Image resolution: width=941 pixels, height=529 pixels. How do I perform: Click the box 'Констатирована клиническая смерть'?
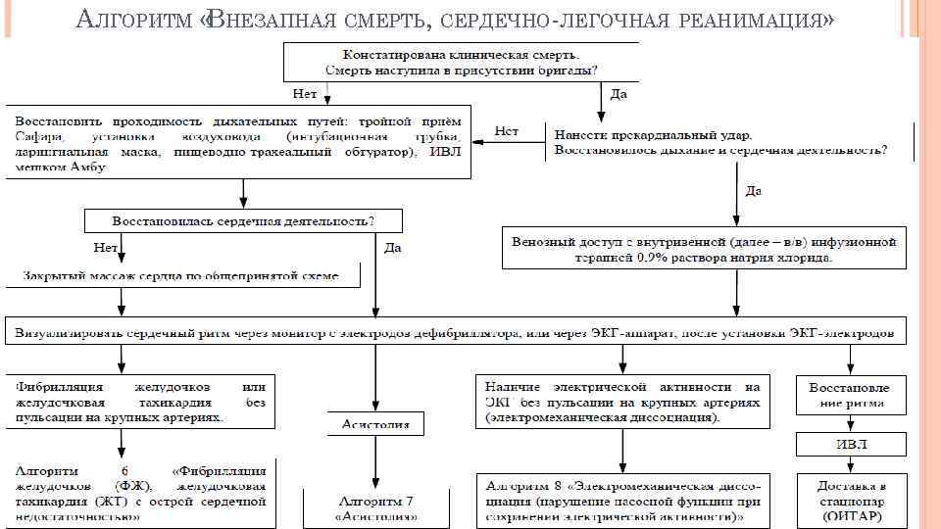click(x=461, y=61)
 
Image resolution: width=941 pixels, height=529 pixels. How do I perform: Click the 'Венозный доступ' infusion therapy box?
click(x=705, y=249)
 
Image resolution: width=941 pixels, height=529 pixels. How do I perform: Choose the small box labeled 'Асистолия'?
click(x=376, y=423)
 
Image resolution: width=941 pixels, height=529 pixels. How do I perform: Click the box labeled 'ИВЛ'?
click(x=850, y=445)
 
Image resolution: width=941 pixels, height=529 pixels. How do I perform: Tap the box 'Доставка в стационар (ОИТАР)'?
click(x=850, y=500)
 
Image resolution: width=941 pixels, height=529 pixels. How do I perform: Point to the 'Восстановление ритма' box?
click(x=850, y=395)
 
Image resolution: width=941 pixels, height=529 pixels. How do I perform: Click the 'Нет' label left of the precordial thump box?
click(x=506, y=131)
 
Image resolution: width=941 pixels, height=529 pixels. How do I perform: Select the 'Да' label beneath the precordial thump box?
click(x=754, y=190)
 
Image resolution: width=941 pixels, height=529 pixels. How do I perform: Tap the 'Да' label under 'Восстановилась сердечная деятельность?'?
click(x=392, y=248)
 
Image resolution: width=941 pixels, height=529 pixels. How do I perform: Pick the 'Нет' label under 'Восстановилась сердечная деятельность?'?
click(x=105, y=247)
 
